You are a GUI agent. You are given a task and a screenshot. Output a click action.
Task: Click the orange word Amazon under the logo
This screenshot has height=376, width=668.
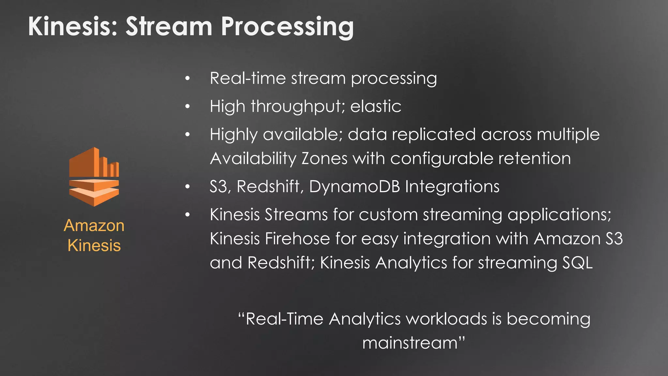pos(94,226)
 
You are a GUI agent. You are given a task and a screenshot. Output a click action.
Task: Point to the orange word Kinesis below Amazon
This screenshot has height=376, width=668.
pos(94,245)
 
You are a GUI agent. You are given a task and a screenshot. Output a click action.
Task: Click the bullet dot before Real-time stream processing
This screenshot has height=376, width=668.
pos(187,78)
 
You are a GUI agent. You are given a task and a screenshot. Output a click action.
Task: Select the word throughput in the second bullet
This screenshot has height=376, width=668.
pos(297,107)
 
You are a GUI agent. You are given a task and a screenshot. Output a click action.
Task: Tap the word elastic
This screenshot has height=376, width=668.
pos(375,106)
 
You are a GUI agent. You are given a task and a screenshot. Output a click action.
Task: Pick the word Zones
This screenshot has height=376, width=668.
pos(324,159)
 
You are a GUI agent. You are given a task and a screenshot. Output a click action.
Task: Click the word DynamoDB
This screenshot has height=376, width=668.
pos(354,187)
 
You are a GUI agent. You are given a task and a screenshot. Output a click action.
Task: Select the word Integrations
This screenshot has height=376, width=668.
pos(452,187)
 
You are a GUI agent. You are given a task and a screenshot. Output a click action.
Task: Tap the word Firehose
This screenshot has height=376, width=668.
pos(297,239)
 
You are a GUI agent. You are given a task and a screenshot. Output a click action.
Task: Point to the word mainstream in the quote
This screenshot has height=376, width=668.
pos(410,343)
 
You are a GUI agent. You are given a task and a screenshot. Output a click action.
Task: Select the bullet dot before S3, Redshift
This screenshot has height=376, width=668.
pos(187,187)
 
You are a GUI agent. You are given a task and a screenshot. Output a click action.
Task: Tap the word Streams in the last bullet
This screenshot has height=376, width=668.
pos(296,215)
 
